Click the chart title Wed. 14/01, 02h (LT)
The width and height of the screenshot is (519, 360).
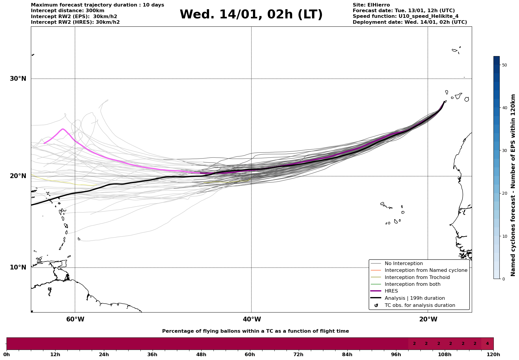click(x=251, y=15)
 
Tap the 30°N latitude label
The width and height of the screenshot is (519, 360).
click(x=18, y=79)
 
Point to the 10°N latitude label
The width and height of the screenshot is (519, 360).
click(x=18, y=267)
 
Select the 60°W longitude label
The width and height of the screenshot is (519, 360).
click(x=75, y=319)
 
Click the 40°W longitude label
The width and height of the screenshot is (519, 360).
click(x=252, y=319)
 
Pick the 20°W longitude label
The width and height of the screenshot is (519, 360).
click(x=428, y=319)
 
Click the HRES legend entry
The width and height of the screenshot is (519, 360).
click(x=391, y=291)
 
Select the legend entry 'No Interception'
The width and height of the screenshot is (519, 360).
click(x=404, y=264)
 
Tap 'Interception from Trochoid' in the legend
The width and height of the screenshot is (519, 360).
click(x=417, y=277)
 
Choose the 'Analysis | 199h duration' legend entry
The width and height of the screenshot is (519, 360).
click(x=414, y=298)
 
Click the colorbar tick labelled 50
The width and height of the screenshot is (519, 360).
click(x=504, y=65)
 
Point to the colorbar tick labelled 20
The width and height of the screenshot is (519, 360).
click(x=504, y=194)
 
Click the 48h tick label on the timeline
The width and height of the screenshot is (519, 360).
click(x=201, y=354)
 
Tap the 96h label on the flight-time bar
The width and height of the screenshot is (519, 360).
click(x=396, y=354)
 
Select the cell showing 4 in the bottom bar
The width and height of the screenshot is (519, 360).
click(x=487, y=344)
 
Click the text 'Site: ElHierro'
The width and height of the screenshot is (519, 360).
click(x=371, y=5)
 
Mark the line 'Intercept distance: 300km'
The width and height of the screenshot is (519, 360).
click(x=68, y=11)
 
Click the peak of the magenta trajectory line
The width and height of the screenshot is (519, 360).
click(x=63, y=129)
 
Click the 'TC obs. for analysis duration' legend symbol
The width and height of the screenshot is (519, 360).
click(x=376, y=305)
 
